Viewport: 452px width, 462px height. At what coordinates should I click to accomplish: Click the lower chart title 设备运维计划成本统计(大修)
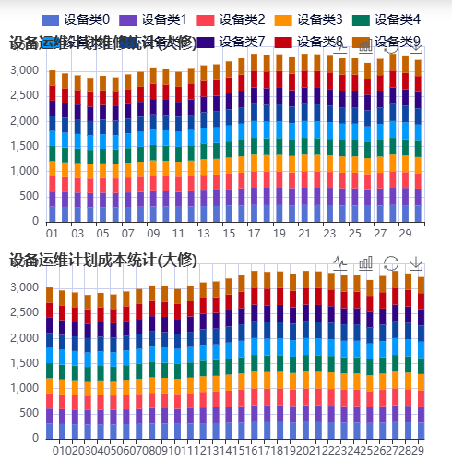coord(102,261)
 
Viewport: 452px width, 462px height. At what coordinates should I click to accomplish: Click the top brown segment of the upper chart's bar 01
coord(52,79)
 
